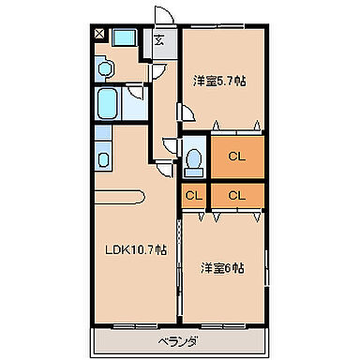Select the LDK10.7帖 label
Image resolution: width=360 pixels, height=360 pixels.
click(135, 249)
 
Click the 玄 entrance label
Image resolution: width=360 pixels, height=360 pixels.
click(159, 39)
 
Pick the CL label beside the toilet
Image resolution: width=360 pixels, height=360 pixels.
click(236, 157)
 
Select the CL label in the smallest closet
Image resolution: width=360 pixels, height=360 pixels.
click(193, 195)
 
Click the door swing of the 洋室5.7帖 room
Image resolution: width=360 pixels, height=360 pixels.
click(187, 110)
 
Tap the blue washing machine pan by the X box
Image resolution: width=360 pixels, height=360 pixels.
click(124, 37)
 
